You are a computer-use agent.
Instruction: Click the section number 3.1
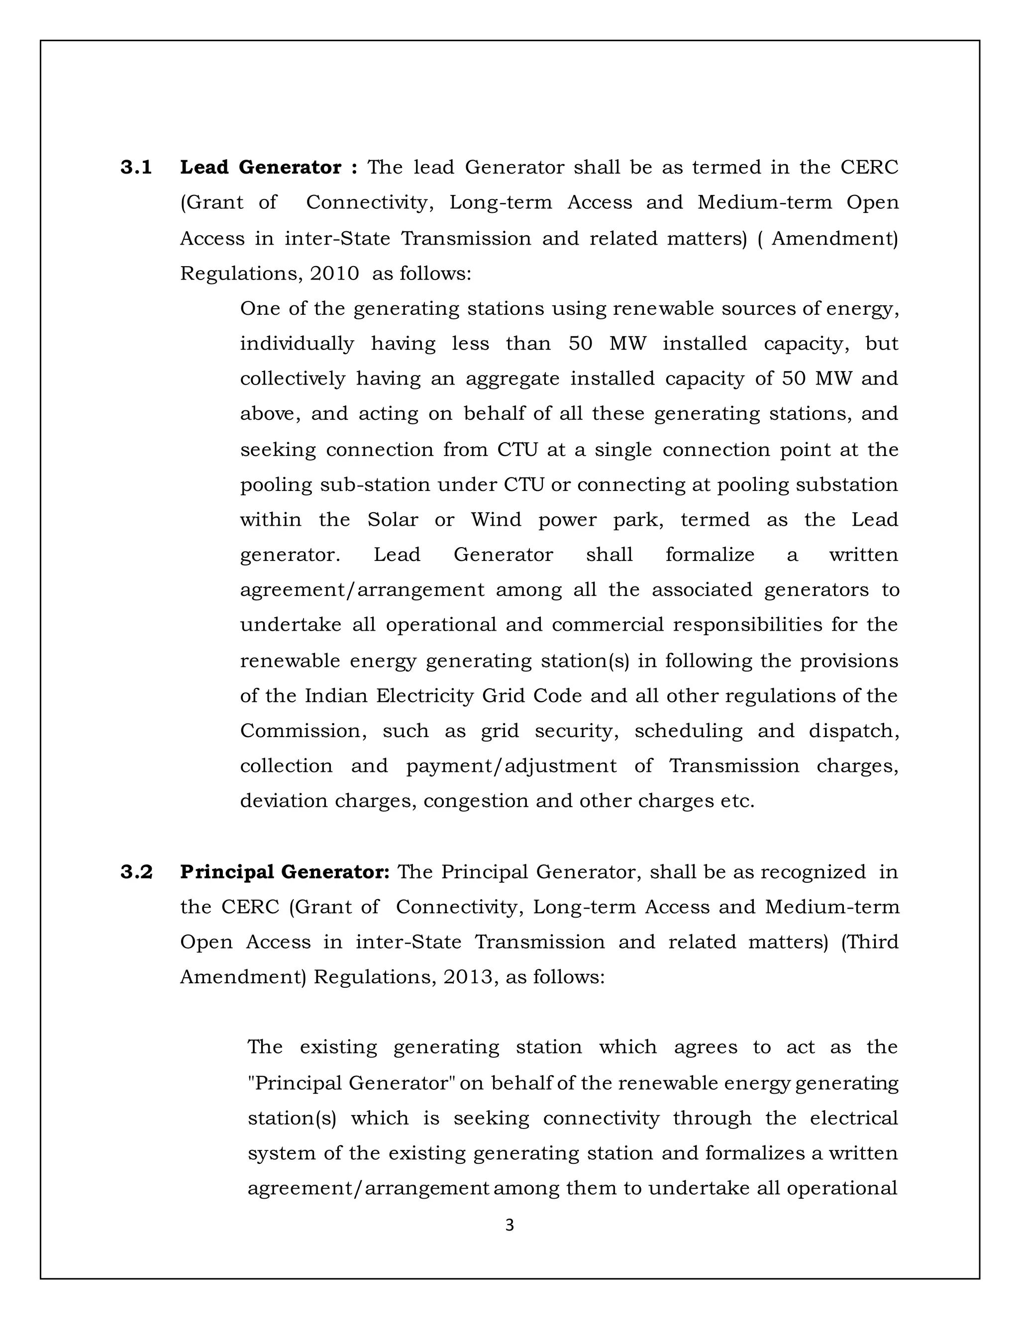click(136, 168)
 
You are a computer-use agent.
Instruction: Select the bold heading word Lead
click(204, 168)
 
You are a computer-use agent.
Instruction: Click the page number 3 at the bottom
click(509, 1225)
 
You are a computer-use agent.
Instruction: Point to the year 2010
click(334, 274)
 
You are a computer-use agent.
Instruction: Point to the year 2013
click(468, 977)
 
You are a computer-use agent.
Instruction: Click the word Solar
click(393, 520)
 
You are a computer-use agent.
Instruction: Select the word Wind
click(496, 520)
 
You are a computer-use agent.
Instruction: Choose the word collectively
click(293, 379)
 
